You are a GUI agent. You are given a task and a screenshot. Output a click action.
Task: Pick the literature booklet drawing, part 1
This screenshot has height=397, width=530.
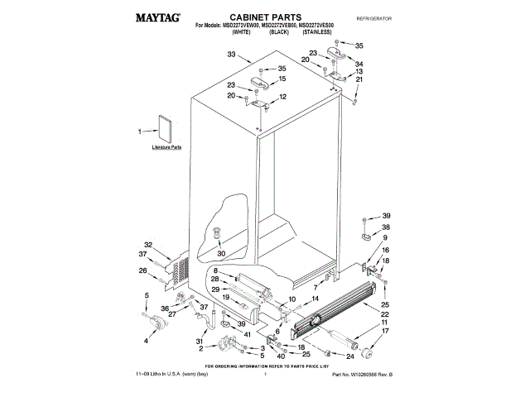[163, 129]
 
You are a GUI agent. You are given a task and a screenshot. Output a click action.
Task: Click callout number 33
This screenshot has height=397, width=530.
[232, 55]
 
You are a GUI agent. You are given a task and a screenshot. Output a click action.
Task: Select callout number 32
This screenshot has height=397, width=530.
[148, 244]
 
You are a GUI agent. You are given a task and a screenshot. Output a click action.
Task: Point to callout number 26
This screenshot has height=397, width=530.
[142, 270]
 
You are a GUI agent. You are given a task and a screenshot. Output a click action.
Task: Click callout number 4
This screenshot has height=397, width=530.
[147, 339]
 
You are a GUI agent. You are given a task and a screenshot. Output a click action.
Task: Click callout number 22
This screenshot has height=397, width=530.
[385, 315]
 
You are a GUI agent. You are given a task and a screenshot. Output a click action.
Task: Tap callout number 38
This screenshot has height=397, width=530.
[385, 227]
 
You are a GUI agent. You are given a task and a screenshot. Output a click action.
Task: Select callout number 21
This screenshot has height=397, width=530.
[359, 79]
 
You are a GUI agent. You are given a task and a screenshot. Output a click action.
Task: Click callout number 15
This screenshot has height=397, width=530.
[282, 79]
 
